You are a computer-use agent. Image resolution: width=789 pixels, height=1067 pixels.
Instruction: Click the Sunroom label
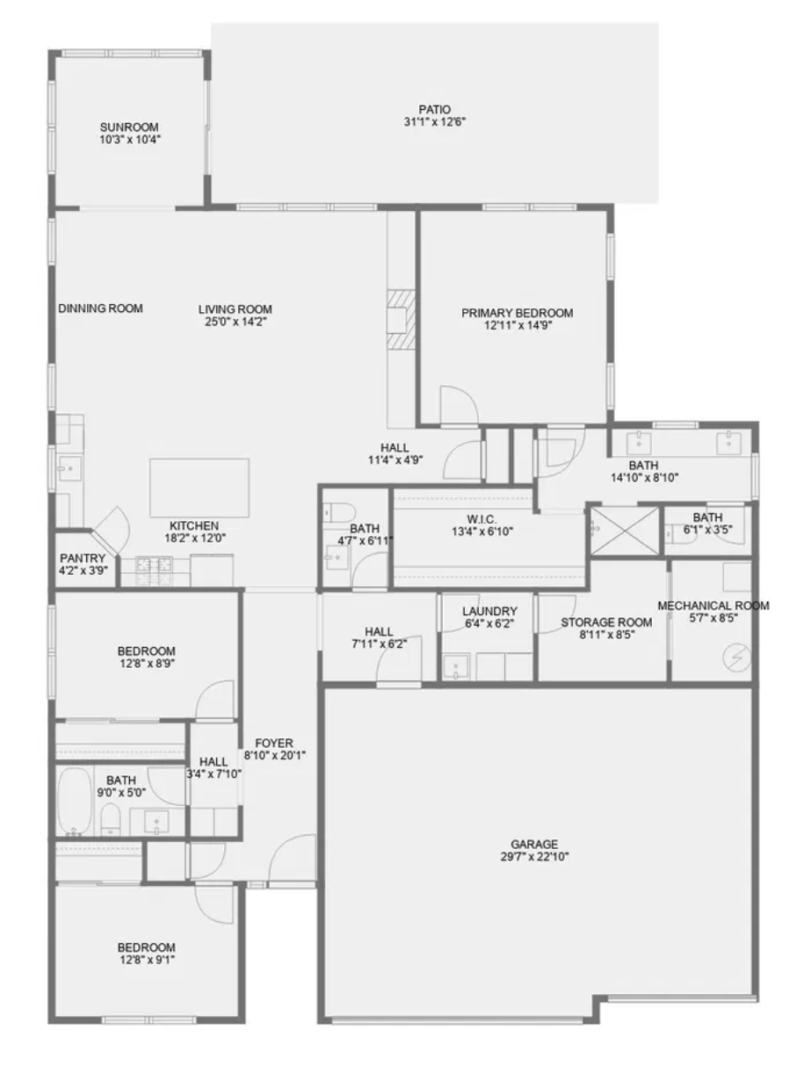(129, 127)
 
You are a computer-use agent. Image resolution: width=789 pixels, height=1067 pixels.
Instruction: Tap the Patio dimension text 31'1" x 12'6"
(434, 122)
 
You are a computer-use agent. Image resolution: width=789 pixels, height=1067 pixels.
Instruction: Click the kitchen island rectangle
(199, 487)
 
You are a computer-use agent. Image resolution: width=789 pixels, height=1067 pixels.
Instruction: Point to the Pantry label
(83, 558)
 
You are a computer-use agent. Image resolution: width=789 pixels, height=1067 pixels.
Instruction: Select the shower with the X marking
(624, 531)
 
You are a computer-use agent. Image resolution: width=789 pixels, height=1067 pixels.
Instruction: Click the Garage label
(534, 845)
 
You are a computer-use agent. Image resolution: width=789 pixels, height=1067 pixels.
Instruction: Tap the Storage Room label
(606, 622)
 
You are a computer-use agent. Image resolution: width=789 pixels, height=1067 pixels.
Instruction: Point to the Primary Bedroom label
(518, 313)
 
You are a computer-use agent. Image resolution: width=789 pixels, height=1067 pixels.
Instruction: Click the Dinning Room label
(100, 308)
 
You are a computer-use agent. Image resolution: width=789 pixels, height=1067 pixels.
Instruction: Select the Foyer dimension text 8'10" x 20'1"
(274, 755)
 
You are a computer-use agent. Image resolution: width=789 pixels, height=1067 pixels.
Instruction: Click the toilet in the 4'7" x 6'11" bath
(338, 512)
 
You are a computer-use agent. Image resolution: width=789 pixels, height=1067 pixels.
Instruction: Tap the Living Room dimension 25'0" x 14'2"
(235, 322)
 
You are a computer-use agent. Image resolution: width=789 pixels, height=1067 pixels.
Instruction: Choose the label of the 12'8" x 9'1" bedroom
(146, 947)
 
